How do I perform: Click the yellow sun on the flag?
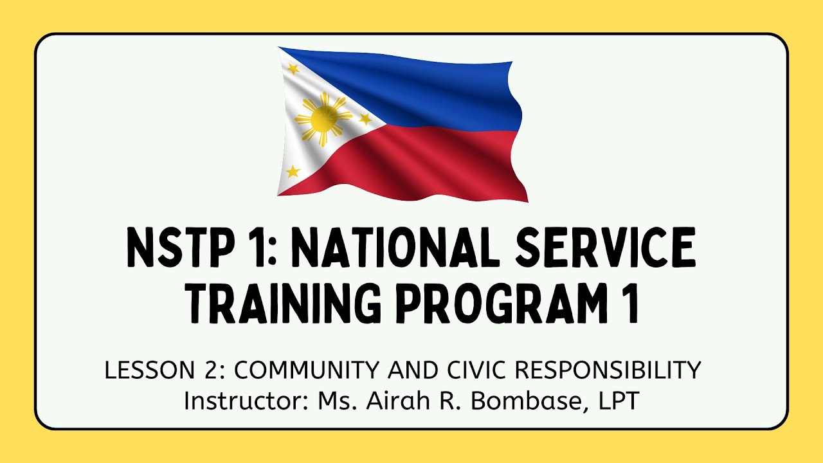coord(323,118)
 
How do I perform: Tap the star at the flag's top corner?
coord(293,69)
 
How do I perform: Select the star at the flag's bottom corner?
coord(293,171)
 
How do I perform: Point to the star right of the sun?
coord(365,118)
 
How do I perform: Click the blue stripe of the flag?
coord(437,90)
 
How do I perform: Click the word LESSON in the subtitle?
coord(142,370)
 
